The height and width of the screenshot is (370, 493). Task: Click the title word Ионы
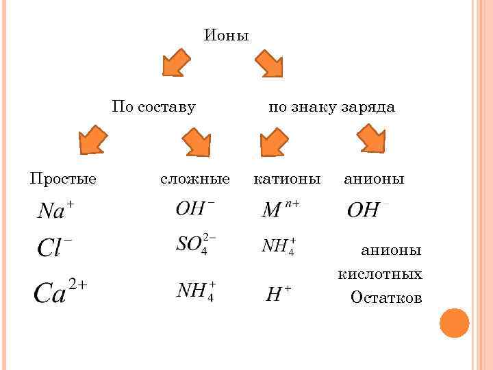[227, 35]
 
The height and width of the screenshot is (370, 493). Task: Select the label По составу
[154, 107]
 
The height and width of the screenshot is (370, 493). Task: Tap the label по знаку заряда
[331, 107]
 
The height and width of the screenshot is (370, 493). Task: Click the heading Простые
[63, 179]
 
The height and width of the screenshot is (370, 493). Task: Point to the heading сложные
[195, 179]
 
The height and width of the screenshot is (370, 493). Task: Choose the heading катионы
[287, 179]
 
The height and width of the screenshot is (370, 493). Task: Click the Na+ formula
[55, 210]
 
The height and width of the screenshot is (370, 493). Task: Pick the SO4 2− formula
[196, 245]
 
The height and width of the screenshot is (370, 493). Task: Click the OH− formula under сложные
[195, 208]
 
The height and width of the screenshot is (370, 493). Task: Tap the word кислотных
[380, 274]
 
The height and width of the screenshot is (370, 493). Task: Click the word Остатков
[386, 297]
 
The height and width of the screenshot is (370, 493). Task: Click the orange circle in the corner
[454, 323]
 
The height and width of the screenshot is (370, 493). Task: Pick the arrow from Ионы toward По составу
[177, 63]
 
